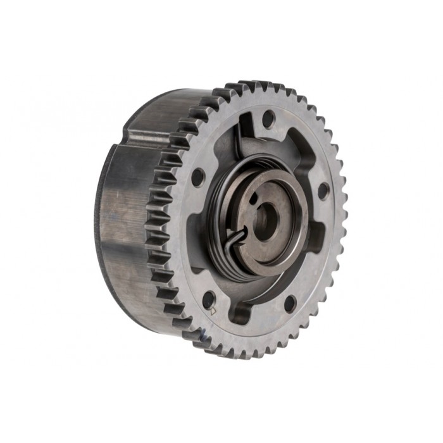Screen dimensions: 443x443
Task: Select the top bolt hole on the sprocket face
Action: [x=267, y=117]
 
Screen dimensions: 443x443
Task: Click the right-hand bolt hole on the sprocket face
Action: [x=322, y=190]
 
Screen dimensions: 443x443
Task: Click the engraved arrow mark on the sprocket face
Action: [x=213, y=310]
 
